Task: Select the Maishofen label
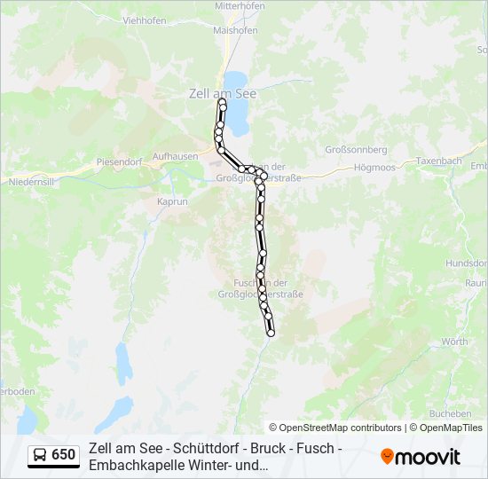[x=235, y=30]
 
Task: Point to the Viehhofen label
[x=145, y=20]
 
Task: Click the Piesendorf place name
[x=120, y=162]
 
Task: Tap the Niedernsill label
[x=33, y=182]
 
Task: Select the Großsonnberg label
[x=357, y=150]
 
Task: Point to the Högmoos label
[x=374, y=167]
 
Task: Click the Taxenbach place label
[x=439, y=161]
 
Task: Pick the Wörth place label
[x=454, y=342]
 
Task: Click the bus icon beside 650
[x=40, y=455]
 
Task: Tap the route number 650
[x=64, y=455]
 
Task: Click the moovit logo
[x=421, y=457]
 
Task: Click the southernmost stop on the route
[x=271, y=334]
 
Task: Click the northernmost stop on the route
[x=222, y=102]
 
